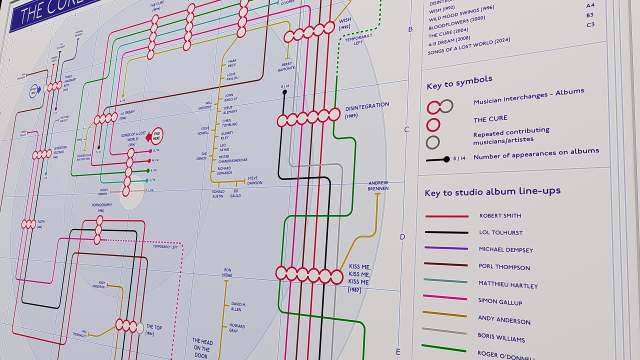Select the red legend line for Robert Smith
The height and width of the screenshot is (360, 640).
point(446,216)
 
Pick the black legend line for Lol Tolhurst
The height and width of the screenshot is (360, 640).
point(446,232)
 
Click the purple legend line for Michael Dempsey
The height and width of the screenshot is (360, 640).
point(446,248)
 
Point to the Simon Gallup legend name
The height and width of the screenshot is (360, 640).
point(500,302)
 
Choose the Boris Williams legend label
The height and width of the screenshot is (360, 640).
point(501,338)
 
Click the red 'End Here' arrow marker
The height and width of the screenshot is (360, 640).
point(157,135)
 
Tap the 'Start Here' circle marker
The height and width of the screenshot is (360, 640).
point(34,91)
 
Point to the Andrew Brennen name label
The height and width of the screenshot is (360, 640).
point(378,185)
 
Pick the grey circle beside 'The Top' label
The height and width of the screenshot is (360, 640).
point(140,328)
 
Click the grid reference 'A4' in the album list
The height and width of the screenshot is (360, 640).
point(590,5)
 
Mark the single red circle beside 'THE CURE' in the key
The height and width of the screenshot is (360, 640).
point(433,124)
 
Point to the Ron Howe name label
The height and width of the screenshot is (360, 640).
point(227,272)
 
